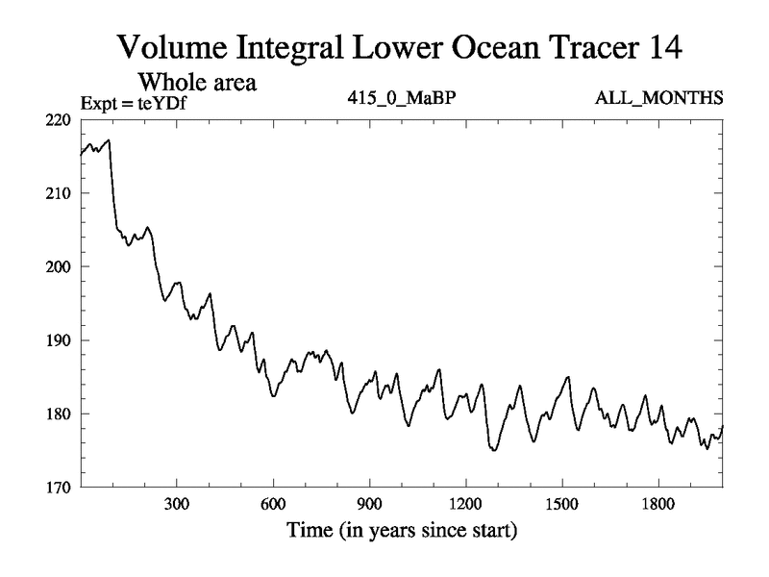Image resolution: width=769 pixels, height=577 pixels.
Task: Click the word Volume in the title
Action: click(x=176, y=45)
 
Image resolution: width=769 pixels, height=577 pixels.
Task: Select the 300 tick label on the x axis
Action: click(x=177, y=504)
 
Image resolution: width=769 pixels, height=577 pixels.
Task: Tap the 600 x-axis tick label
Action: click(x=273, y=504)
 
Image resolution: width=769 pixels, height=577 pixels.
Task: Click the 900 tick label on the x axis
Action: click(x=369, y=504)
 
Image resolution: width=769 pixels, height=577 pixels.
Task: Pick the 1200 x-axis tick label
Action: click(x=465, y=504)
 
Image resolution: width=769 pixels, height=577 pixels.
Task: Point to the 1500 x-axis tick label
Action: click(x=561, y=504)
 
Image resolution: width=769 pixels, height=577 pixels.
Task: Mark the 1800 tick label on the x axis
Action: click(x=657, y=504)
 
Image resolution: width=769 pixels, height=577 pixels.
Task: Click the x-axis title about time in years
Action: click(x=401, y=530)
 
